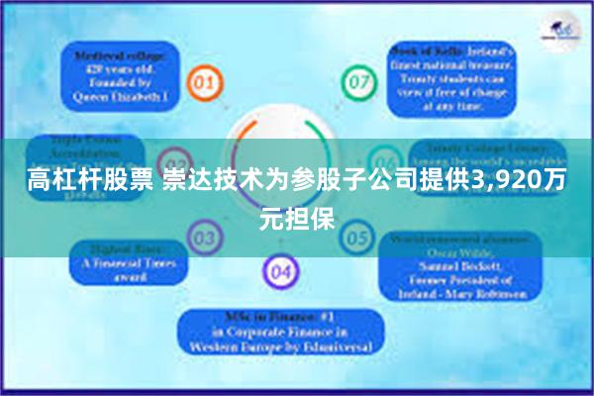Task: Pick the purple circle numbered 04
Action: pos(281,269)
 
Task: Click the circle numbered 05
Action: pos(356,239)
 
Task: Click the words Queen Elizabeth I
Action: pos(122,98)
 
